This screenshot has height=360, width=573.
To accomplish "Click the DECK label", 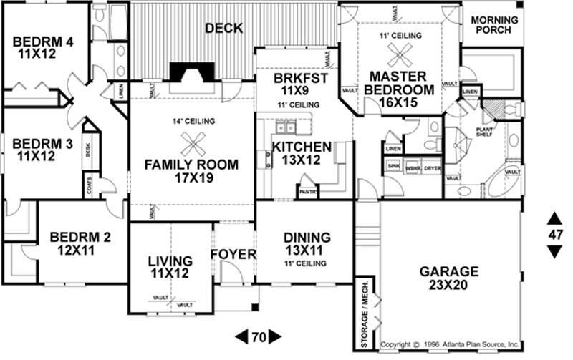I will (x=223, y=29).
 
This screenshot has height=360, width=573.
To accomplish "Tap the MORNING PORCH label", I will (x=495, y=25).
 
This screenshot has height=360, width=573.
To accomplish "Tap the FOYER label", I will (x=233, y=255).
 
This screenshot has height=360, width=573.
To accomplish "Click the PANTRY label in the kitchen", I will (x=308, y=192).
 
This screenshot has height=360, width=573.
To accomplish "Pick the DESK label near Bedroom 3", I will (x=88, y=150).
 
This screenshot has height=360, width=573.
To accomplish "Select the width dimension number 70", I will (x=258, y=335).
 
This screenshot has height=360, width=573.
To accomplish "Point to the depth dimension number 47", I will (x=555, y=234).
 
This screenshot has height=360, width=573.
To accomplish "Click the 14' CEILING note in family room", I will (x=192, y=122).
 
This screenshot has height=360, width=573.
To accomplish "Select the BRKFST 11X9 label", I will (x=295, y=84).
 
